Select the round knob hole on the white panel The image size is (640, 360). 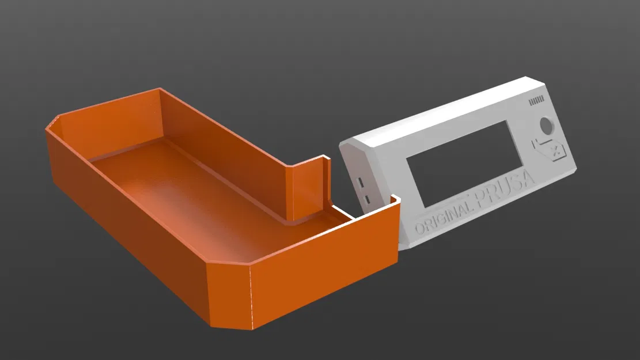coord(545,126)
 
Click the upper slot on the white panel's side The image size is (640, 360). coord(361,182)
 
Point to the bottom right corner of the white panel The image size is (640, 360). coord(573,172)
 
